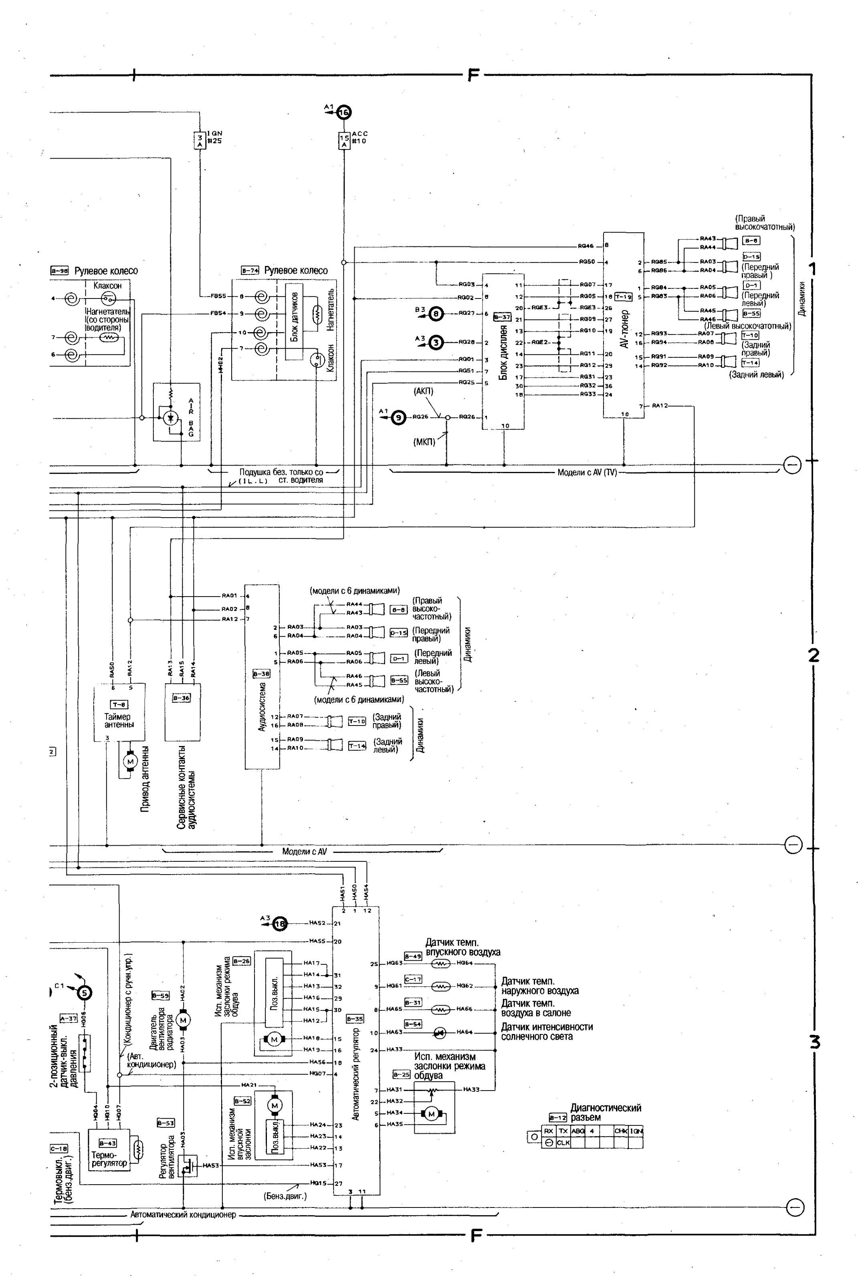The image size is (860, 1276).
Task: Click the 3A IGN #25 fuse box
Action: (x=200, y=140)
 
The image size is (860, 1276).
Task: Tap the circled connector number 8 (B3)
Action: (x=436, y=313)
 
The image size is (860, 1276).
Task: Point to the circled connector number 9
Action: (x=399, y=418)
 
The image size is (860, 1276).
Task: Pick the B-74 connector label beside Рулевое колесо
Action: (x=250, y=270)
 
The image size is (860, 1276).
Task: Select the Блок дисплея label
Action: (x=503, y=353)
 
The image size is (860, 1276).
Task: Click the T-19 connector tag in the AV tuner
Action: (x=624, y=296)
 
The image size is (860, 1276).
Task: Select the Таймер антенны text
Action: (x=119, y=720)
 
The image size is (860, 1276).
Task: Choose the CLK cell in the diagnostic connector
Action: (x=563, y=1142)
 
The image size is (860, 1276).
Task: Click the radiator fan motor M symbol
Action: (x=183, y=1020)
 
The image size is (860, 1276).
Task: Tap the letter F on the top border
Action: (x=474, y=75)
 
